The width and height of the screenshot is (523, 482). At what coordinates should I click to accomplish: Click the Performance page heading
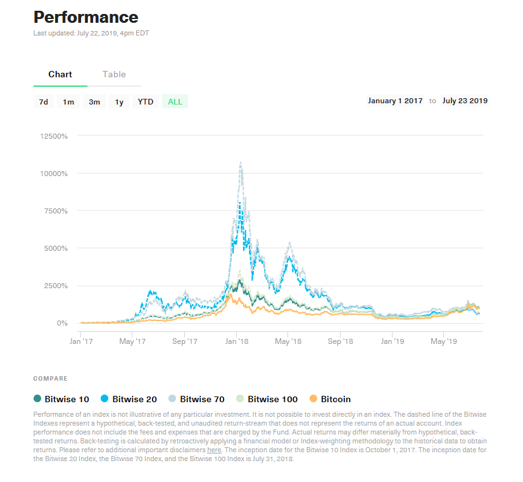tap(85, 17)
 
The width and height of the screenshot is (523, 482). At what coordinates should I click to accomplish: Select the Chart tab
tap(60, 75)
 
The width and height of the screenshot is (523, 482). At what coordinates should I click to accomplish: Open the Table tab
tap(114, 75)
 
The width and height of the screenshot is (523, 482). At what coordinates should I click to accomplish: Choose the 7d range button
tap(43, 102)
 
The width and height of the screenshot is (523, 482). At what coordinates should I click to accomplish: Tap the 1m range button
tap(68, 102)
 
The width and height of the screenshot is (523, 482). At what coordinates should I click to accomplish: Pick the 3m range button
tap(94, 102)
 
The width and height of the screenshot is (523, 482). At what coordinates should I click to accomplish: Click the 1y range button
tap(119, 102)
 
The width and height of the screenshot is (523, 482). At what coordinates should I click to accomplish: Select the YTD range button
tap(146, 102)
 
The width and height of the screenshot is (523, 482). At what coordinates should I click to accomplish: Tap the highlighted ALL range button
tap(175, 102)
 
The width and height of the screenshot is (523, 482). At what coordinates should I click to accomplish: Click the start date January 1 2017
tap(395, 101)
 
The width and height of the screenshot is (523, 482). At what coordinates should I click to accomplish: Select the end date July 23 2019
tap(465, 101)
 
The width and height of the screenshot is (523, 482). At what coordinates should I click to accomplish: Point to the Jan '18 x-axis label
tap(236, 341)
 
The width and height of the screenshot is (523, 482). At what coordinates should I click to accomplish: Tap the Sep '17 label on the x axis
tap(184, 341)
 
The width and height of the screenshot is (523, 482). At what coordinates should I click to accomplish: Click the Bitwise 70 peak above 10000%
tap(241, 163)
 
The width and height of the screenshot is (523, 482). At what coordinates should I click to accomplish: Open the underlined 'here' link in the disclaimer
tap(214, 450)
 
